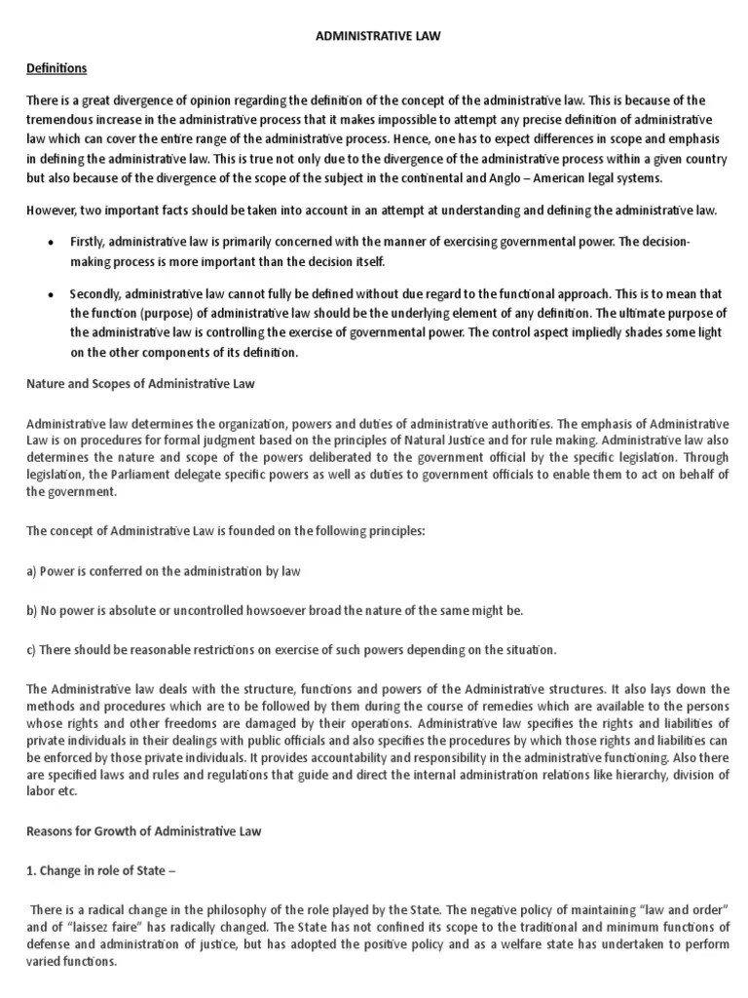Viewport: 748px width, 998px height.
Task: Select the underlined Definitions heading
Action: [x=56, y=68]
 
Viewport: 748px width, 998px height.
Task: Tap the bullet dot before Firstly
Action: [x=50, y=241]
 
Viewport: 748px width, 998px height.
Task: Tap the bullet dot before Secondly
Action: [x=50, y=294]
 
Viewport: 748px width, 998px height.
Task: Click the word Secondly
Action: [x=95, y=294]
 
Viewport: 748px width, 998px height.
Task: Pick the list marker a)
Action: [x=31, y=572]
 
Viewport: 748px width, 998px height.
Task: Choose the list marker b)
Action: [x=31, y=611]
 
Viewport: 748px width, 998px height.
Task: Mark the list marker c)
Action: [x=31, y=650]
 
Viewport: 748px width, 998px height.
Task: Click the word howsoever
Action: [x=262, y=611]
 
